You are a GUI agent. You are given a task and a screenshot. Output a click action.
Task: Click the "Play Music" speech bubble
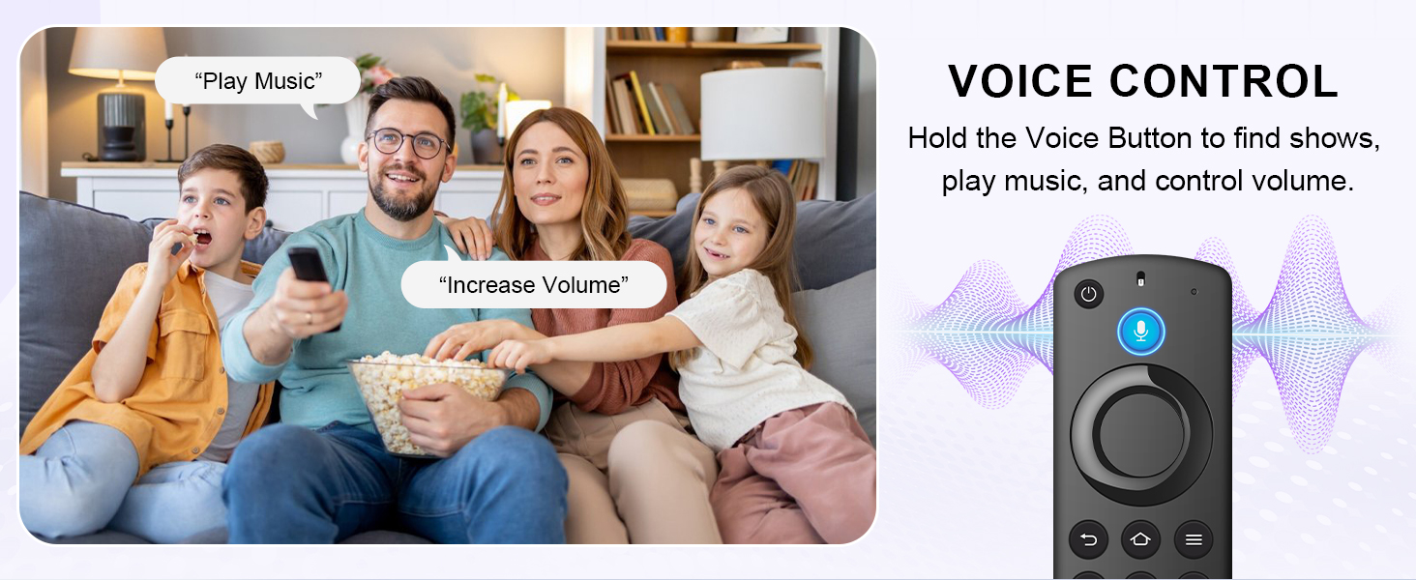coord(257,81)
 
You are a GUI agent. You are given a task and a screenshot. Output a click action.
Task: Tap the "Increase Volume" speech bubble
coord(534,285)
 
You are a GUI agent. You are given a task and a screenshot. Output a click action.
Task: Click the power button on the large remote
coord(1089,295)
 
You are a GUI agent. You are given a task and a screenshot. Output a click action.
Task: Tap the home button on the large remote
coord(1141,539)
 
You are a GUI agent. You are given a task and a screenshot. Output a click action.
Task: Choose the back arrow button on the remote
coord(1089,539)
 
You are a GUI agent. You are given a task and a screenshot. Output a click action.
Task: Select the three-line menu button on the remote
coord(1194,539)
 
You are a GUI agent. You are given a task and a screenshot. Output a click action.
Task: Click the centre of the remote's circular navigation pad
coord(1141,432)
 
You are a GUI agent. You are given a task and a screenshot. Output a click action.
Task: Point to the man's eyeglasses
coord(408,143)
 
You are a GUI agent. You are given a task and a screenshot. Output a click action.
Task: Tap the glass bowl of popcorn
coord(426,396)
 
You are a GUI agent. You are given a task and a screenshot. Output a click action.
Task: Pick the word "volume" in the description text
coord(1302,181)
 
